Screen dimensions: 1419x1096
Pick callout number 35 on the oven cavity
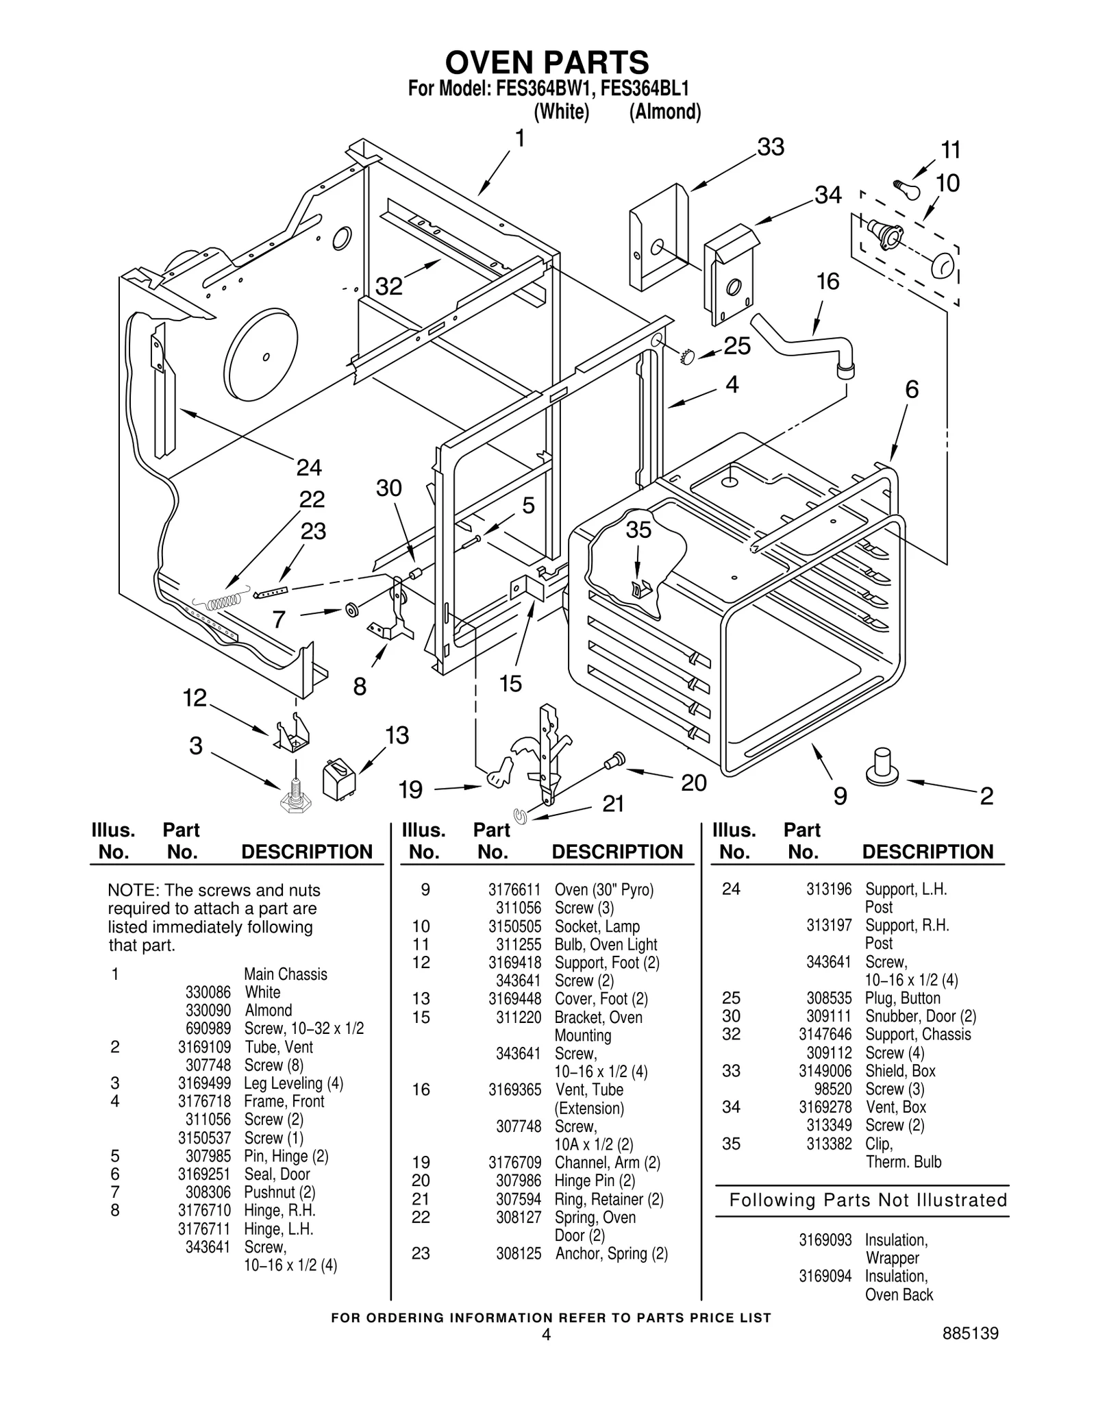coord(638,530)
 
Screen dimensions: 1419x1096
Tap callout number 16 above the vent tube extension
coord(827,282)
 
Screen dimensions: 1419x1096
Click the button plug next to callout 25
coord(687,356)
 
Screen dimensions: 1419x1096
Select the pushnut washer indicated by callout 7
coord(353,609)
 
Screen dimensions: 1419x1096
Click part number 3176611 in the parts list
coord(514,889)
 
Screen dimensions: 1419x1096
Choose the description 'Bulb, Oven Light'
coord(606,944)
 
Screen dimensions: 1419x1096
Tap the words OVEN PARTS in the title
coord(547,63)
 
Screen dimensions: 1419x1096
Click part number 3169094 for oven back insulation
coord(825,1276)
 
